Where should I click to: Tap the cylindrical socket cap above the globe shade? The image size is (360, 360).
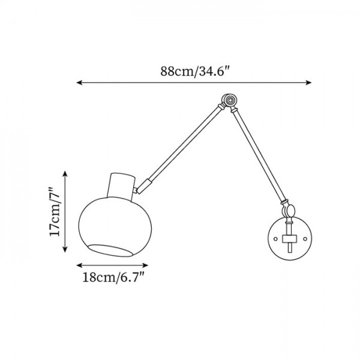tap(122, 185)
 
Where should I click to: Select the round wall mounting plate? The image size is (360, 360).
tap(289, 239)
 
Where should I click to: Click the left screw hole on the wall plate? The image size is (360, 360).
tap(274, 239)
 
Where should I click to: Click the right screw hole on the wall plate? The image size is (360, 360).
tap(304, 239)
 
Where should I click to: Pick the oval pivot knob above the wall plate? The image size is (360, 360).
tap(290, 211)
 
